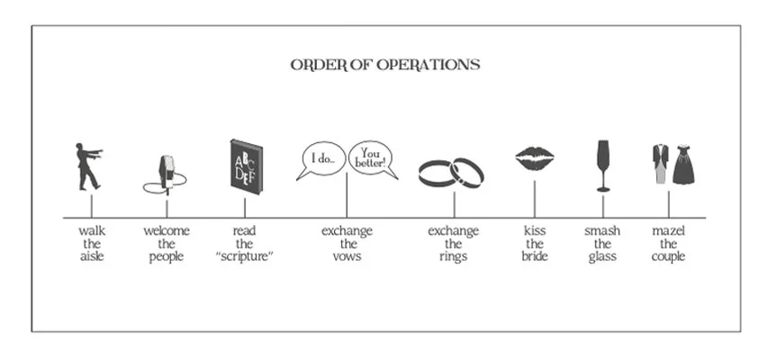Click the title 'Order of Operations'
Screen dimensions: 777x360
(384, 65)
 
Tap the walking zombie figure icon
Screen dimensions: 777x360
(88, 166)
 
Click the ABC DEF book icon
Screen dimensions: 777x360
(244, 166)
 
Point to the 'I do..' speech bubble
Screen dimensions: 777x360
(321, 159)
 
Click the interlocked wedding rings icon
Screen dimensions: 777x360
(451, 172)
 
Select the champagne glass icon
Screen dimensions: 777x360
(602, 164)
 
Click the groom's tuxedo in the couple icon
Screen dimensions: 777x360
(662, 164)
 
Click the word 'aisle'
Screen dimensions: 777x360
(91, 256)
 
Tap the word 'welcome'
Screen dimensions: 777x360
(167, 231)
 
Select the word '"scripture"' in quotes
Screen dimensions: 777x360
(244, 256)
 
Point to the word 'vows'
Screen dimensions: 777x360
(347, 256)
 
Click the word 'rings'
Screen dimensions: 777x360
(453, 256)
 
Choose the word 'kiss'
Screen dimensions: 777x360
(535, 231)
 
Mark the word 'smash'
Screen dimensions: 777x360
(601, 231)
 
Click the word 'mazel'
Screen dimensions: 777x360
(668, 231)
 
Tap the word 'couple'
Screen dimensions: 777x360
(668, 256)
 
